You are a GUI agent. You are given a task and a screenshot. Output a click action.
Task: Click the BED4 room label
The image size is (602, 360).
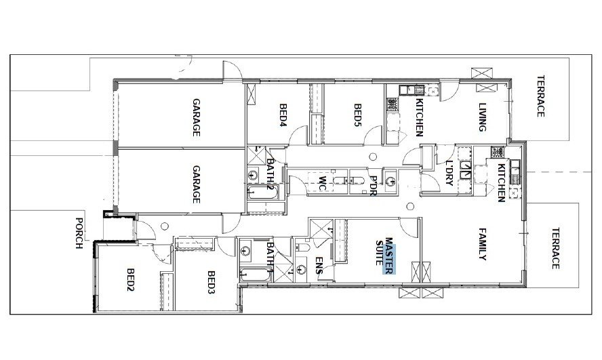[x=283, y=115]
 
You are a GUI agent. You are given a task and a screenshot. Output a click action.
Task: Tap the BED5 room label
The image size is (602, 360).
[x=357, y=115]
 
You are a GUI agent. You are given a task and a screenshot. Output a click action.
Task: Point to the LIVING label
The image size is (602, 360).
[x=482, y=117]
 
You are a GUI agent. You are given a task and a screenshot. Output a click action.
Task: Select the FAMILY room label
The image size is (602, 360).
[x=483, y=244]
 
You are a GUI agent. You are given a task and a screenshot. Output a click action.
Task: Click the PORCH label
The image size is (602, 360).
[x=79, y=233]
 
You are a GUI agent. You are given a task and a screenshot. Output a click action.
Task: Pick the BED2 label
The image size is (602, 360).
[x=131, y=280]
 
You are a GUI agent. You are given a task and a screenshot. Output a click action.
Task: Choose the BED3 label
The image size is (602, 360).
[x=212, y=283]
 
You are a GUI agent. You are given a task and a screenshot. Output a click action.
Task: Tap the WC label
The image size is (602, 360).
[x=323, y=184]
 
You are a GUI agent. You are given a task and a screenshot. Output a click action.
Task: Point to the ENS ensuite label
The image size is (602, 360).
[x=319, y=265]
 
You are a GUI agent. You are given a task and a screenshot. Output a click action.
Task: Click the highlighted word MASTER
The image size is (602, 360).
[x=388, y=256]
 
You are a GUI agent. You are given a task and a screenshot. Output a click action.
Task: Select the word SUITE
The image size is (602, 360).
[x=380, y=252]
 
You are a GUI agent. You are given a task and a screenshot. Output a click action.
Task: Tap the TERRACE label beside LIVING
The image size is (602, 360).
[x=540, y=96]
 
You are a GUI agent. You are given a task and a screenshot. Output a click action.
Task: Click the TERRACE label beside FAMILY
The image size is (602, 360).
[x=555, y=248]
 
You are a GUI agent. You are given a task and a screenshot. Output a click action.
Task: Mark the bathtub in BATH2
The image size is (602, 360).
[x=262, y=192]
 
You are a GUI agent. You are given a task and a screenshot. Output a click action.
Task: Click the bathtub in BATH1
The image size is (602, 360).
[x=256, y=275]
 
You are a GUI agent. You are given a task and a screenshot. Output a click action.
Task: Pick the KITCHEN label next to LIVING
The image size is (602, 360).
[x=420, y=117]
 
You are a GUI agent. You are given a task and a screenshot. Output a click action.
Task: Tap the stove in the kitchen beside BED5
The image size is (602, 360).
[x=392, y=104]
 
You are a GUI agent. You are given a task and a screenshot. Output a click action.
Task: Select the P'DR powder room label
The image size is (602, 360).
[x=372, y=186]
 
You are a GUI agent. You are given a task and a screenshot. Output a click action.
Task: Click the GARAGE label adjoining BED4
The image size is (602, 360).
[x=196, y=117]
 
